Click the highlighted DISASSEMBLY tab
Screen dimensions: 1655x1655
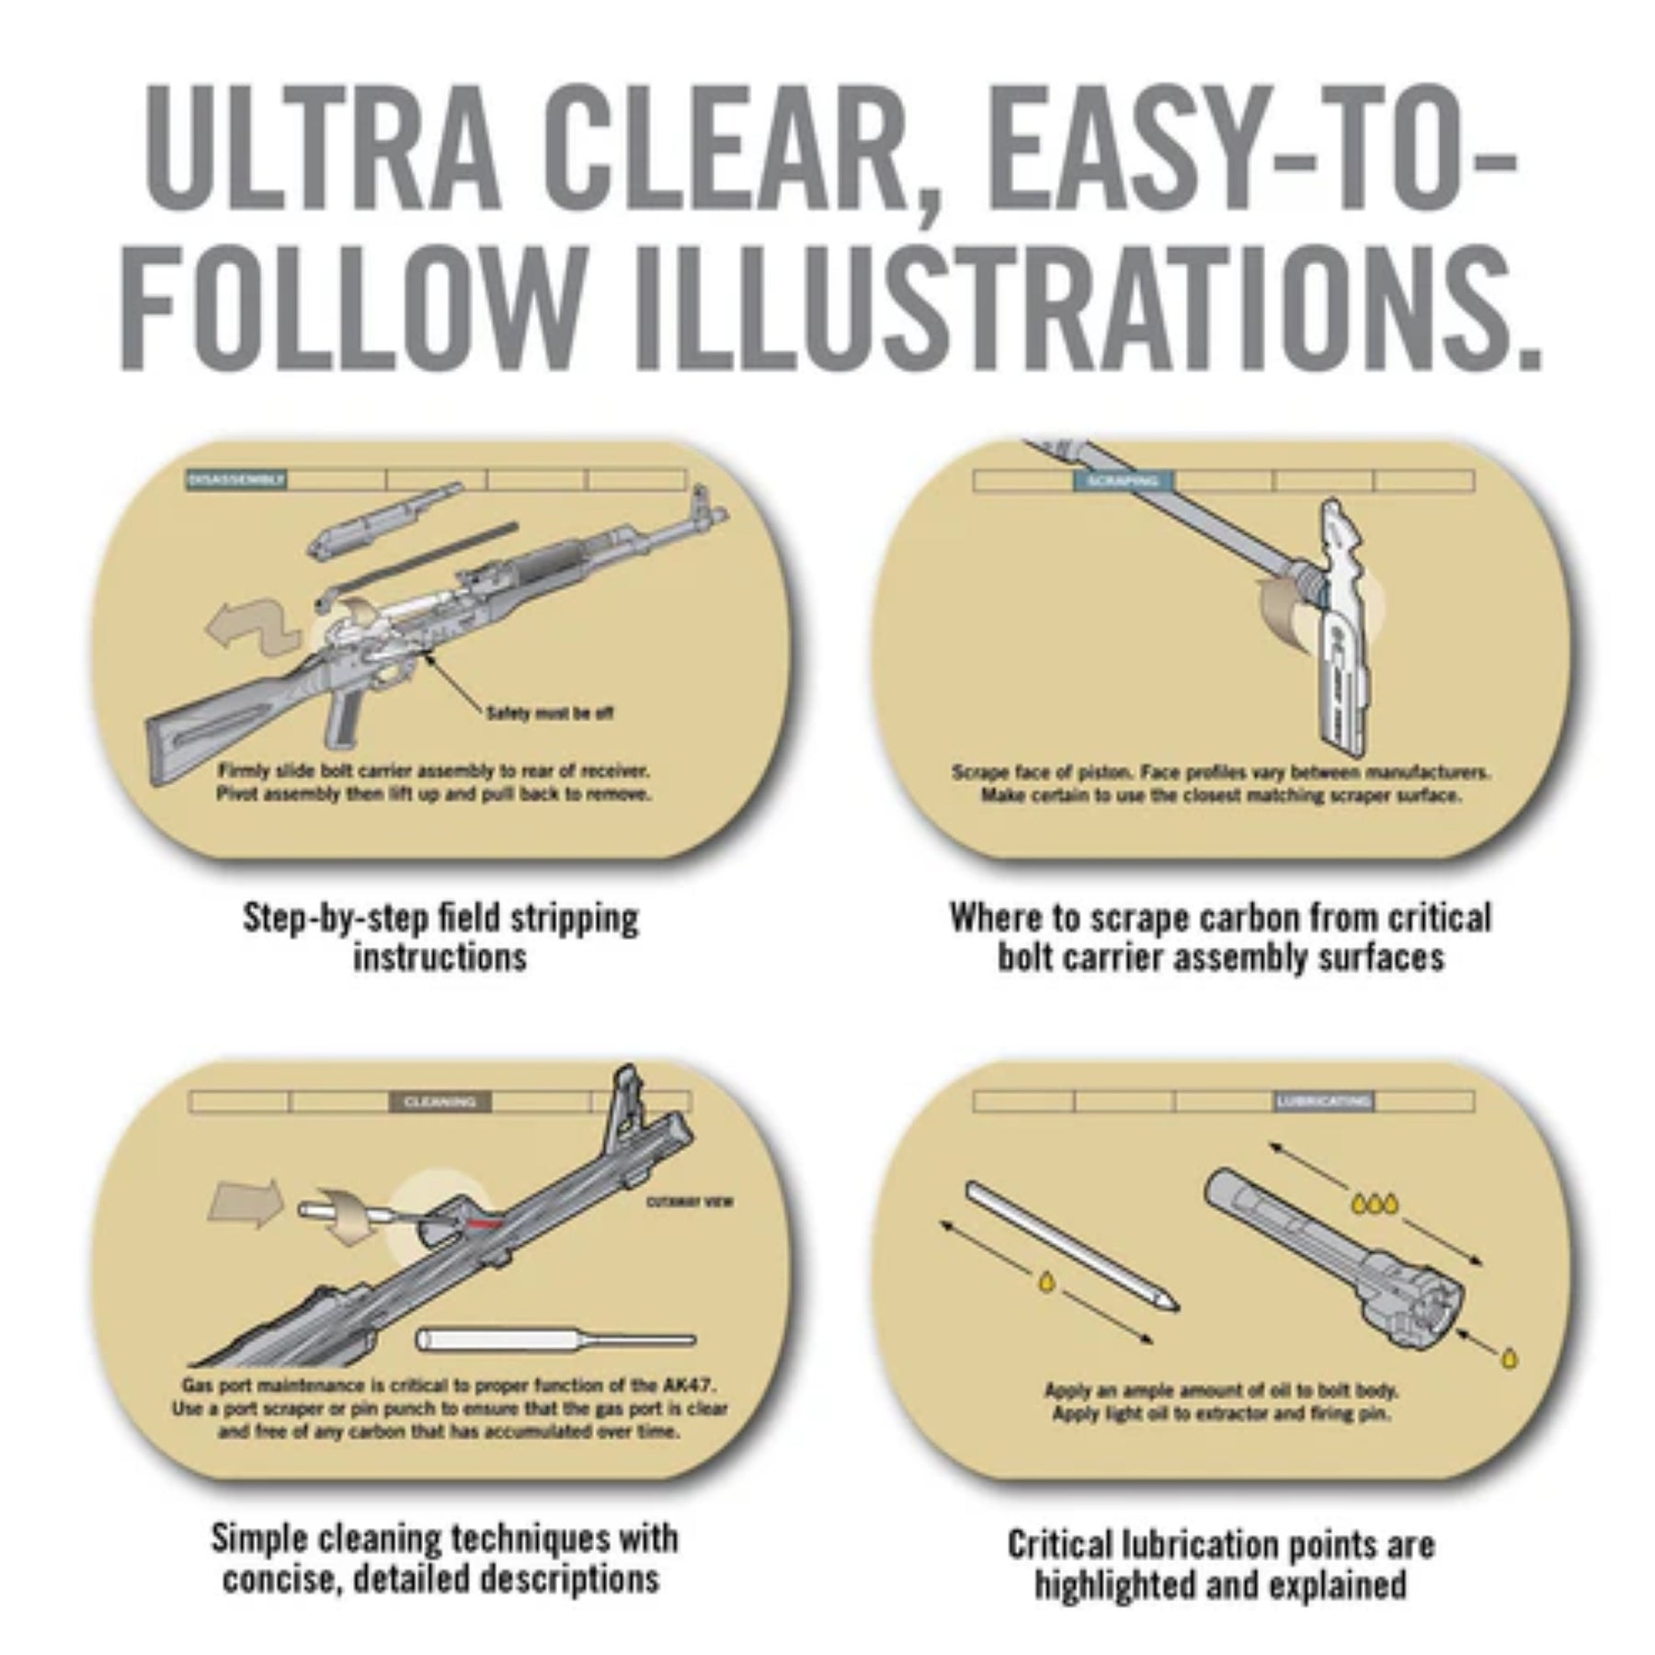[x=236, y=479]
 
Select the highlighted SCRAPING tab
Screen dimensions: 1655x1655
[x=1122, y=481]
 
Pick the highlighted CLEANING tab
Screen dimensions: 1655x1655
[x=440, y=1101]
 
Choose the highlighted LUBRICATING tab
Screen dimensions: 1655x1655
[x=1323, y=1101]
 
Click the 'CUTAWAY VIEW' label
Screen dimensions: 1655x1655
[x=690, y=1202]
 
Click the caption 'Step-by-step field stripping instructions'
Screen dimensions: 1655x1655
[x=440, y=937]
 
